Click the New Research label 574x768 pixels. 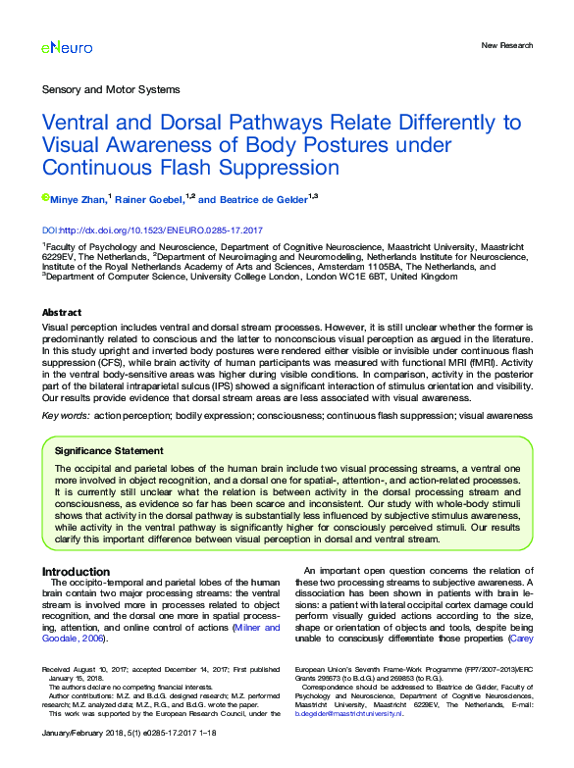coord(507,46)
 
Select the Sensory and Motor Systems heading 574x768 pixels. coord(111,89)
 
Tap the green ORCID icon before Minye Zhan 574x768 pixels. coord(45,197)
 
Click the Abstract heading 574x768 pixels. coord(62,313)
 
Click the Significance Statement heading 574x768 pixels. coord(109,451)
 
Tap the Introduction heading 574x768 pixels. coord(76,572)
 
